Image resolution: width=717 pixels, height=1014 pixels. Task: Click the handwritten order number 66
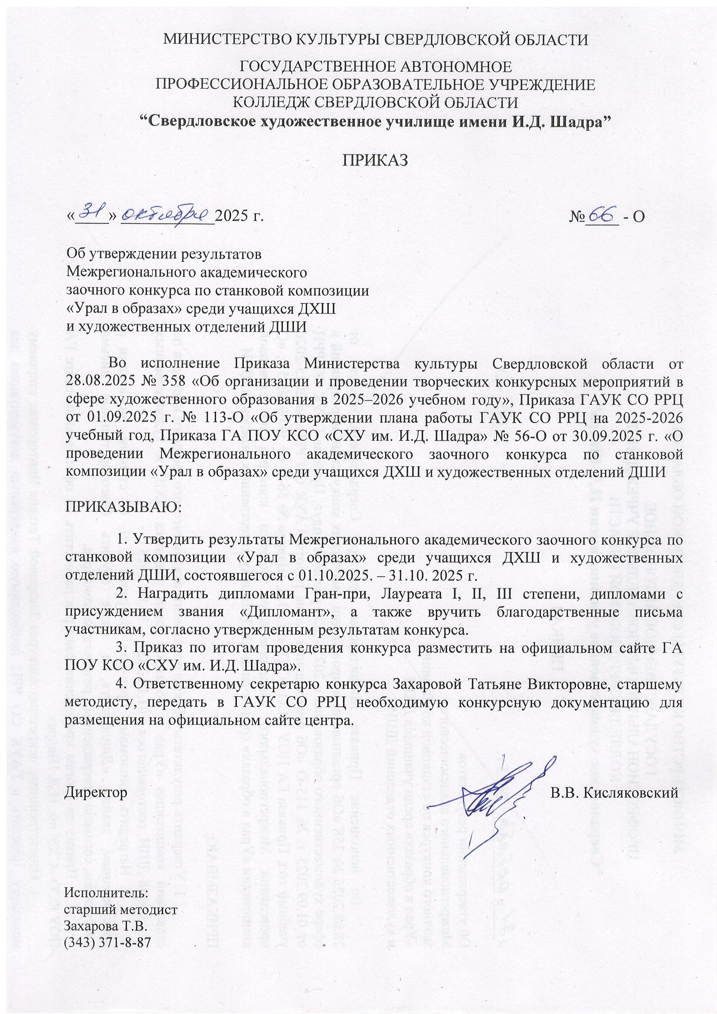(602, 215)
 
